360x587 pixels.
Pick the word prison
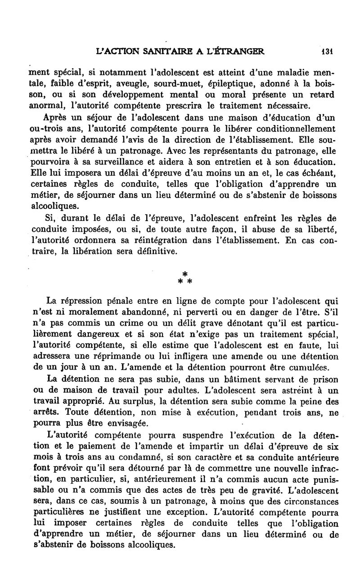tap(320, 379)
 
